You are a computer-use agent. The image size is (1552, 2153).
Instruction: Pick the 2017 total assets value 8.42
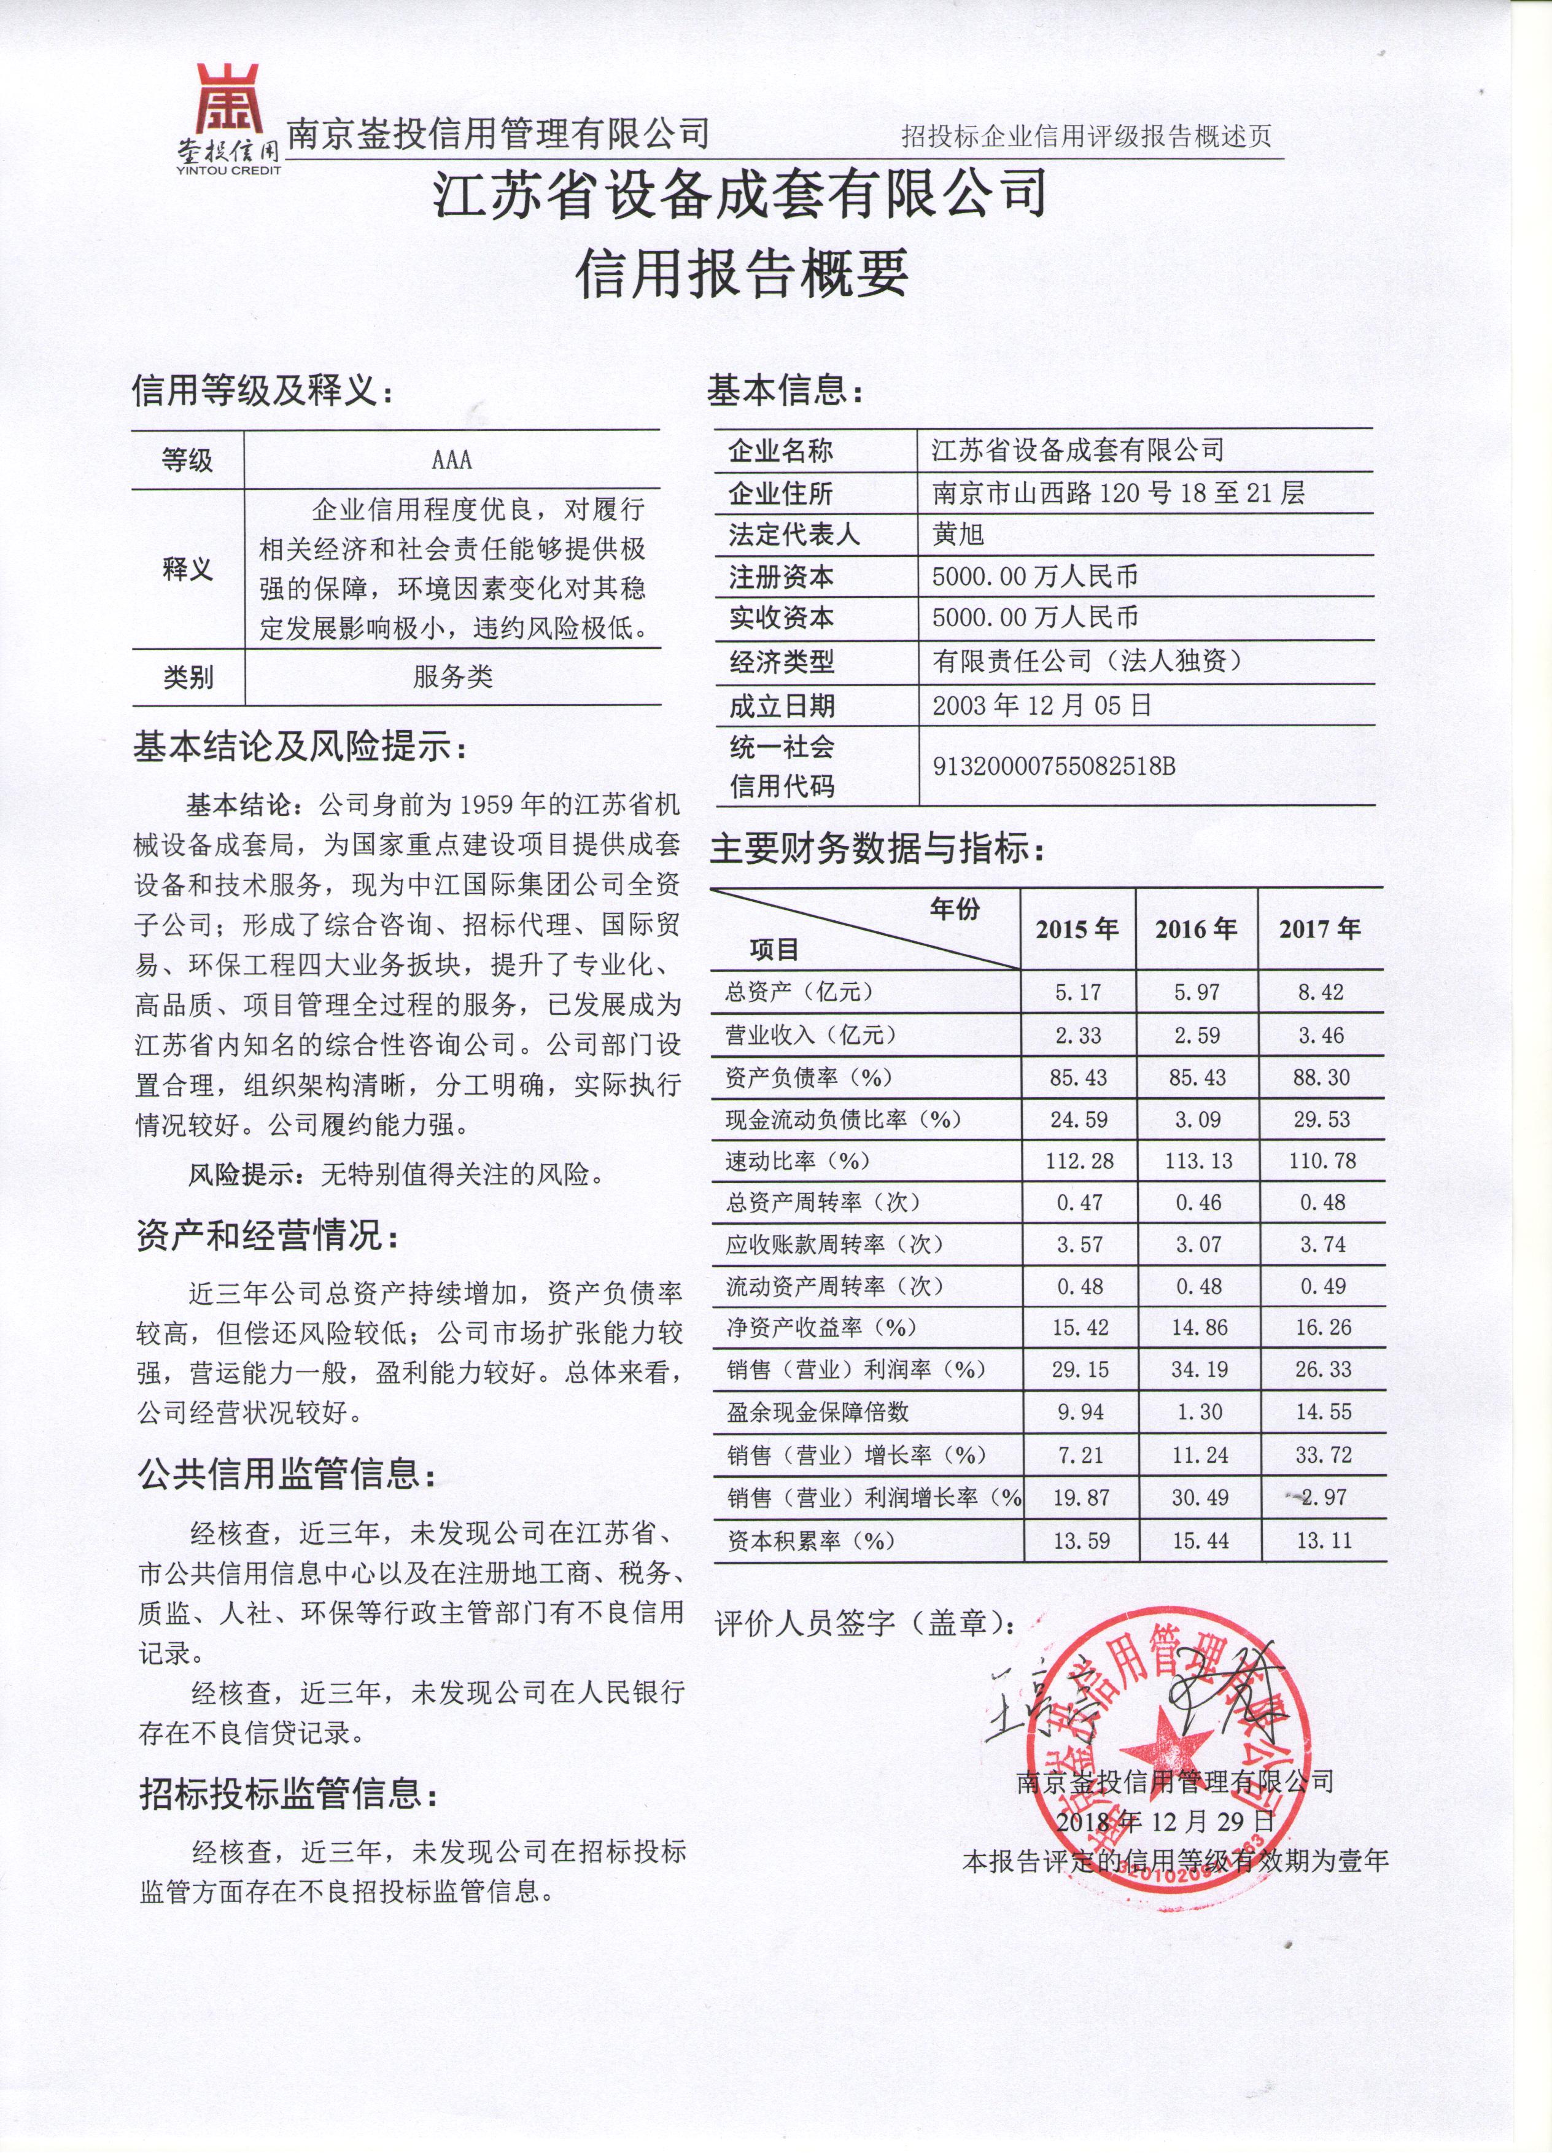1321,993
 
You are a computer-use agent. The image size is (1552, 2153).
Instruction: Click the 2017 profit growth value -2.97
1321,1498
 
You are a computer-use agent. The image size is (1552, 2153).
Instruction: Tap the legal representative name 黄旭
959,535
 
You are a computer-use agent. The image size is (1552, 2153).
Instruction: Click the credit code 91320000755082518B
1053,766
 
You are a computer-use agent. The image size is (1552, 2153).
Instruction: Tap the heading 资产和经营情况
269,1237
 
